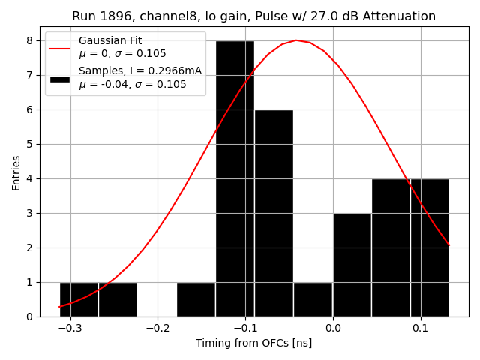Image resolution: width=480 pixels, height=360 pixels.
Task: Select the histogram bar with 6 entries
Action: coord(274,213)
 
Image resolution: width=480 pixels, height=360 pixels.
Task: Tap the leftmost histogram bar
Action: coord(79,299)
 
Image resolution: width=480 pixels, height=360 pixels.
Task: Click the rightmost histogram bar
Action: coord(430,247)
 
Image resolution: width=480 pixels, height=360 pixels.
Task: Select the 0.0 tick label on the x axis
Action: coord(333,328)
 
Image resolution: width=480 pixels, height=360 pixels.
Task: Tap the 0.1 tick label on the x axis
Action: coord(421,328)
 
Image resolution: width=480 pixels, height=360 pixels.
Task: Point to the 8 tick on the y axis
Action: coord(34,40)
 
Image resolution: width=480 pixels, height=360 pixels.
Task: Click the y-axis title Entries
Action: coord(16,173)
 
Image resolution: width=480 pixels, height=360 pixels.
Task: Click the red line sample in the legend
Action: coord(60,48)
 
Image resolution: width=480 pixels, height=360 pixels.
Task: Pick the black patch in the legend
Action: coord(60,78)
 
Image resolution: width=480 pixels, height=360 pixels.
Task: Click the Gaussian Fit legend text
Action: coord(110,41)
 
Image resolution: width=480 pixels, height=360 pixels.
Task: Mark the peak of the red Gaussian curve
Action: coord(296,40)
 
